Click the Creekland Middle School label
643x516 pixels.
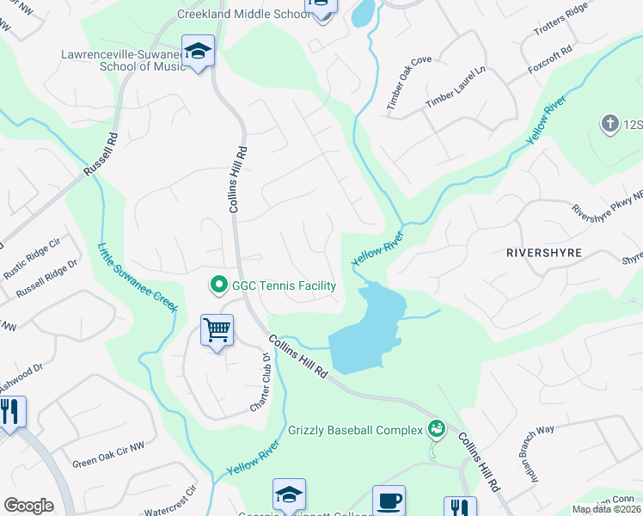coord(243,15)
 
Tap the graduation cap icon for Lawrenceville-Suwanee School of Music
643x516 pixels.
coord(198,51)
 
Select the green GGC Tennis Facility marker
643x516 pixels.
coord(219,285)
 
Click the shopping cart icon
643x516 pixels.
coord(217,329)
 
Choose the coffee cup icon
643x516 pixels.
coord(388,500)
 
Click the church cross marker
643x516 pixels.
coord(610,124)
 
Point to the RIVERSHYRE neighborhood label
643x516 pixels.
coord(544,253)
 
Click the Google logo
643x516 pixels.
coord(28,505)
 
